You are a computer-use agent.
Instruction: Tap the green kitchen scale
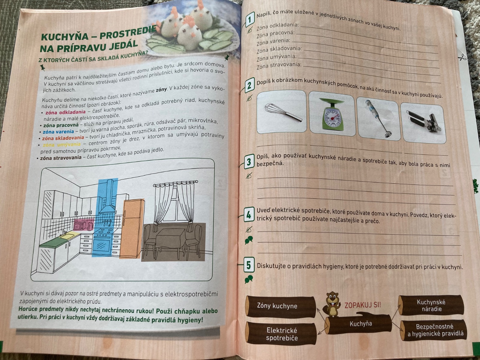(x=331, y=114)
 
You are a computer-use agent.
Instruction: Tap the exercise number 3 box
(x=249, y=162)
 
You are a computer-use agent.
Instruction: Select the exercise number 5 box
(x=249, y=265)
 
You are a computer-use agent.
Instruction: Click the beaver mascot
(x=332, y=304)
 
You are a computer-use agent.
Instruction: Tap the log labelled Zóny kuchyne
(x=281, y=306)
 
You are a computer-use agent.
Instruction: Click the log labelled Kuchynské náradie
(x=431, y=305)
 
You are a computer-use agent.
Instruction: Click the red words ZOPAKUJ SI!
(x=363, y=305)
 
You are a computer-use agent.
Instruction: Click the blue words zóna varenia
(x=58, y=132)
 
